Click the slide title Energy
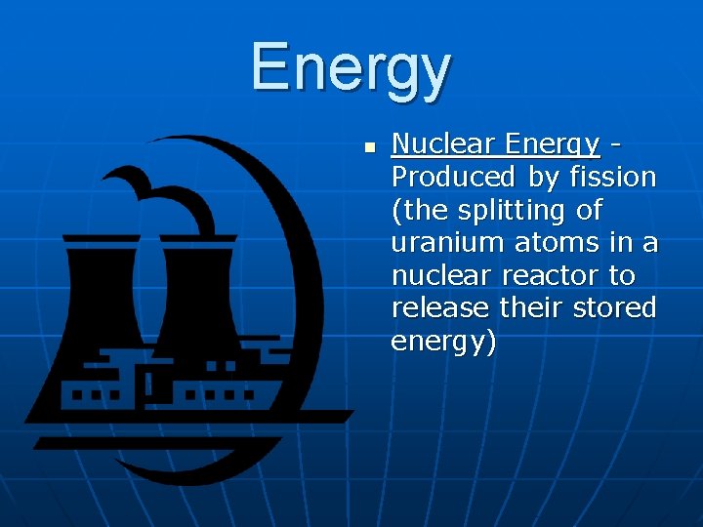(x=351, y=69)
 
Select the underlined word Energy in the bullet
(x=553, y=144)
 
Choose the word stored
(x=616, y=307)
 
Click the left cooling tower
(x=103, y=293)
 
